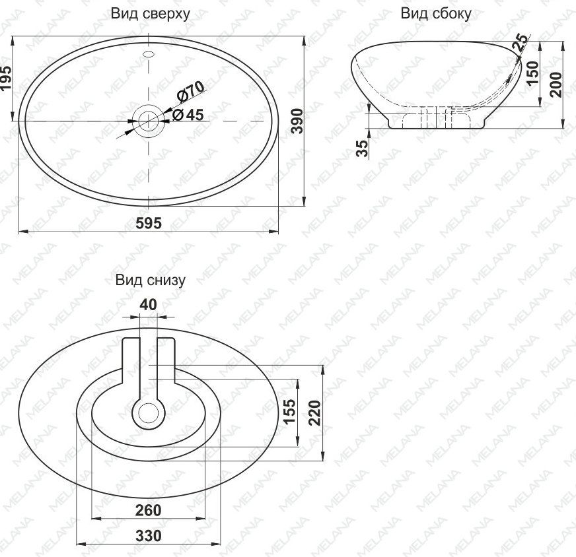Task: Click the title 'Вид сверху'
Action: pyautogui.click(x=150, y=14)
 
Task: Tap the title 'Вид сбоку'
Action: pyautogui.click(x=436, y=14)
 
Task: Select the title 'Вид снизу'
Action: pyautogui.click(x=150, y=280)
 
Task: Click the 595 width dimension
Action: pyautogui.click(x=149, y=222)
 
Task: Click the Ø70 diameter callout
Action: pyautogui.click(x=190, y=92)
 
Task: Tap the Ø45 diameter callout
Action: pyautogui.click(x=188, y=115)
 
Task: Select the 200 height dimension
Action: pyautogui.click(x=556, y=84)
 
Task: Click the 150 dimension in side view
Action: pyautogui.click(x=532, y=73)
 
